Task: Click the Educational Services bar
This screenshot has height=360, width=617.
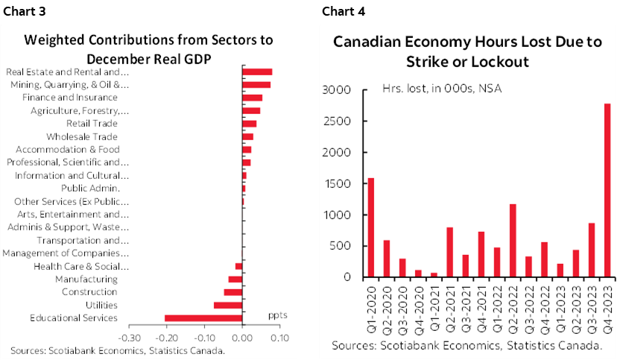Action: click(203, 318)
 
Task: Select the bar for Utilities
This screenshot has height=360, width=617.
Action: click(228, 306)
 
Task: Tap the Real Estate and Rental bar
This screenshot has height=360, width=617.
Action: click(257, 72)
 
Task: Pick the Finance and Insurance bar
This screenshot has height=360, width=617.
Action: click(252, 98)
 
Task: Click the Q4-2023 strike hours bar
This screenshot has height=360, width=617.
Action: click(608, 190)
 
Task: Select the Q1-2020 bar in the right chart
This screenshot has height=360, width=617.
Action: click(370, 227)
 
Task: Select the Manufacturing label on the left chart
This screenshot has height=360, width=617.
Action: click(86, 279)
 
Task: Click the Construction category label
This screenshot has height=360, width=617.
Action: click(89, 292)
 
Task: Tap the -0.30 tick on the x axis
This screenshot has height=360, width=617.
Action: click(129, 338)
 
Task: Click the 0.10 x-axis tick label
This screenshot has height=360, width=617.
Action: click(280, 338)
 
